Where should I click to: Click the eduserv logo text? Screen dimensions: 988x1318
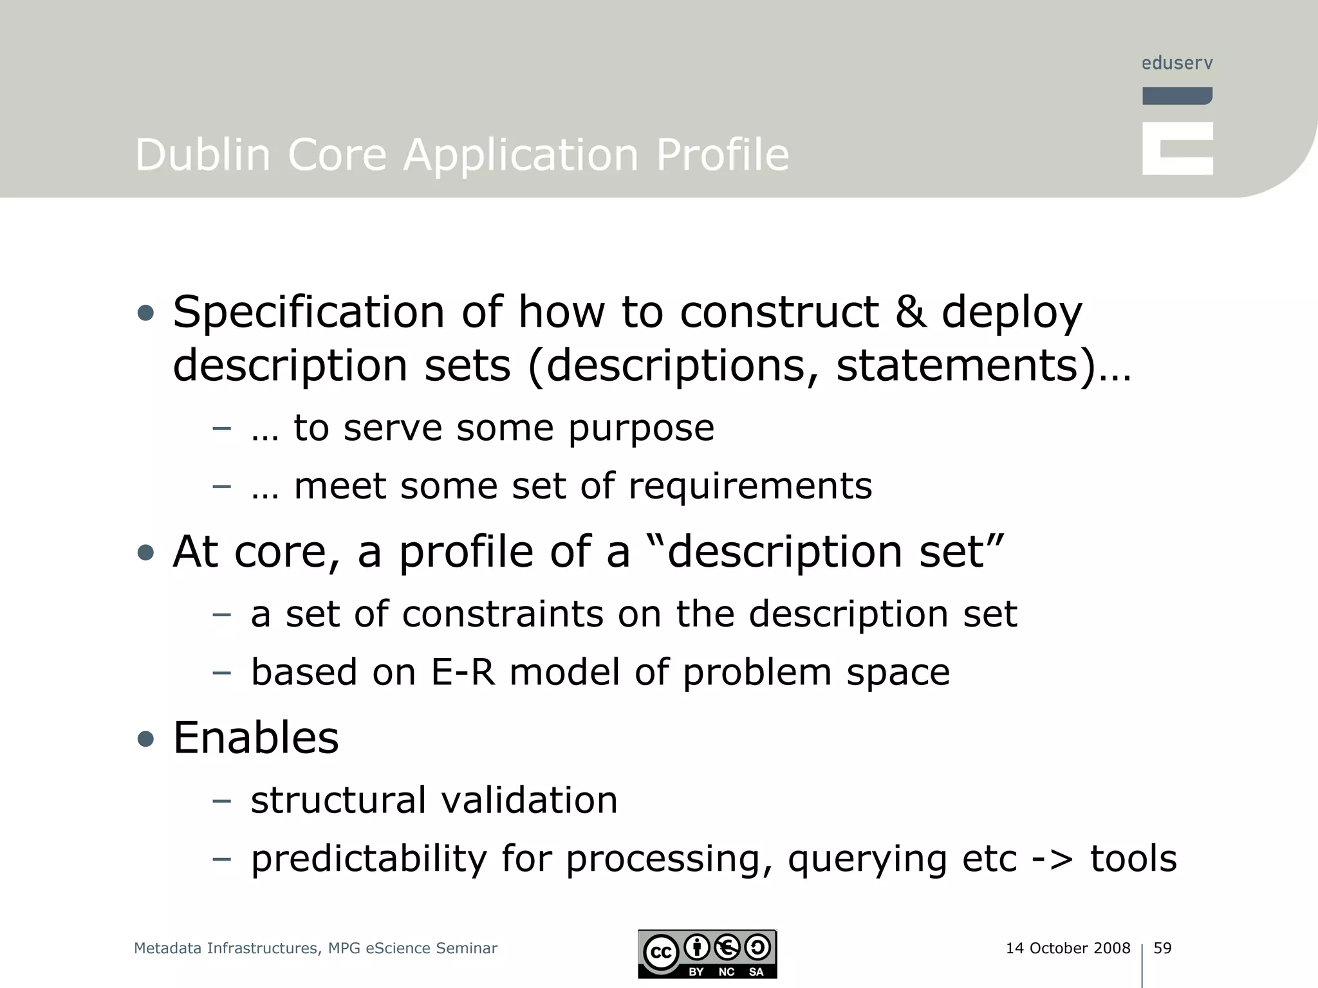coord(1176,63)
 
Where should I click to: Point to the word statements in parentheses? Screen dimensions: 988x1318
coord(956,365)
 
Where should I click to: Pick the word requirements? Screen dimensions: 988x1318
coord(750,486)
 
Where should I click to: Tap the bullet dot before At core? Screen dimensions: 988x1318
coord(146,553)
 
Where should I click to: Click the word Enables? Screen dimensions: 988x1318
coord(255,738)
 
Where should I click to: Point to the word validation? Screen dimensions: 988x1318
coord(529,800)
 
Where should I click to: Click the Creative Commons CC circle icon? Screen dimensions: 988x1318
coord(661,952)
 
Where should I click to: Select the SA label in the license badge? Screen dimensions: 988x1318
coord(756,972)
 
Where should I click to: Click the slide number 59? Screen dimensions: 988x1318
coord(1162,948)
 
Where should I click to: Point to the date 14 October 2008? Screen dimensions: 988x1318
coord(1068,948)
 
